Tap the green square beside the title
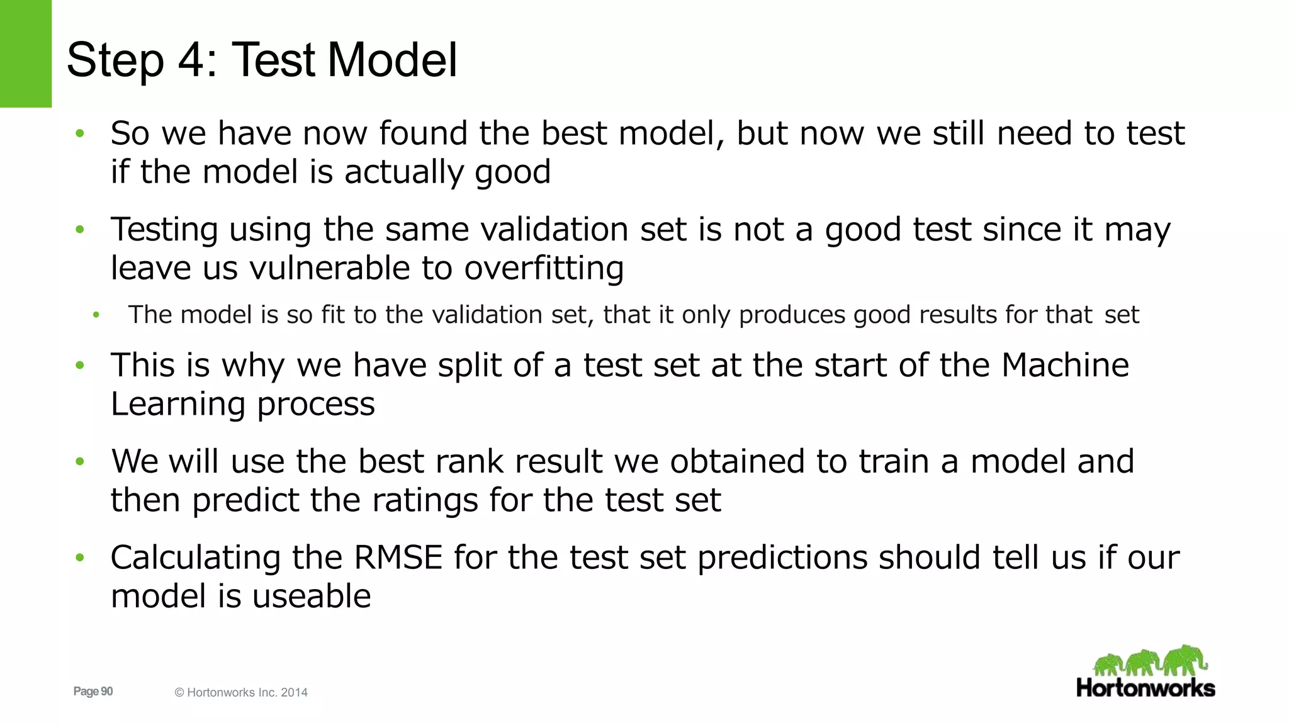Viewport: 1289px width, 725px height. point(25,53)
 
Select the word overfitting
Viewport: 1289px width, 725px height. point(544,268)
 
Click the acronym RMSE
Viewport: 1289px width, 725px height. point(398,558)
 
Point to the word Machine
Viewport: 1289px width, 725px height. point(1065,365)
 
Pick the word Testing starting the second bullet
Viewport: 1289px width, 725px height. point(164,230)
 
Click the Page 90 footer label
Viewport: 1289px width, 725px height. point(93,692)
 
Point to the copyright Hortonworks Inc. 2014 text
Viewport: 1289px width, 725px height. point(241,692)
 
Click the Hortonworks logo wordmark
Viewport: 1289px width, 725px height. point(1145,688)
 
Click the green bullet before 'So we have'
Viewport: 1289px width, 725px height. point(79,133)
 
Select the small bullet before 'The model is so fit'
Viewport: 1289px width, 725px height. point(96,315)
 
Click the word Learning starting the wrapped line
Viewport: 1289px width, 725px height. point(178,404)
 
